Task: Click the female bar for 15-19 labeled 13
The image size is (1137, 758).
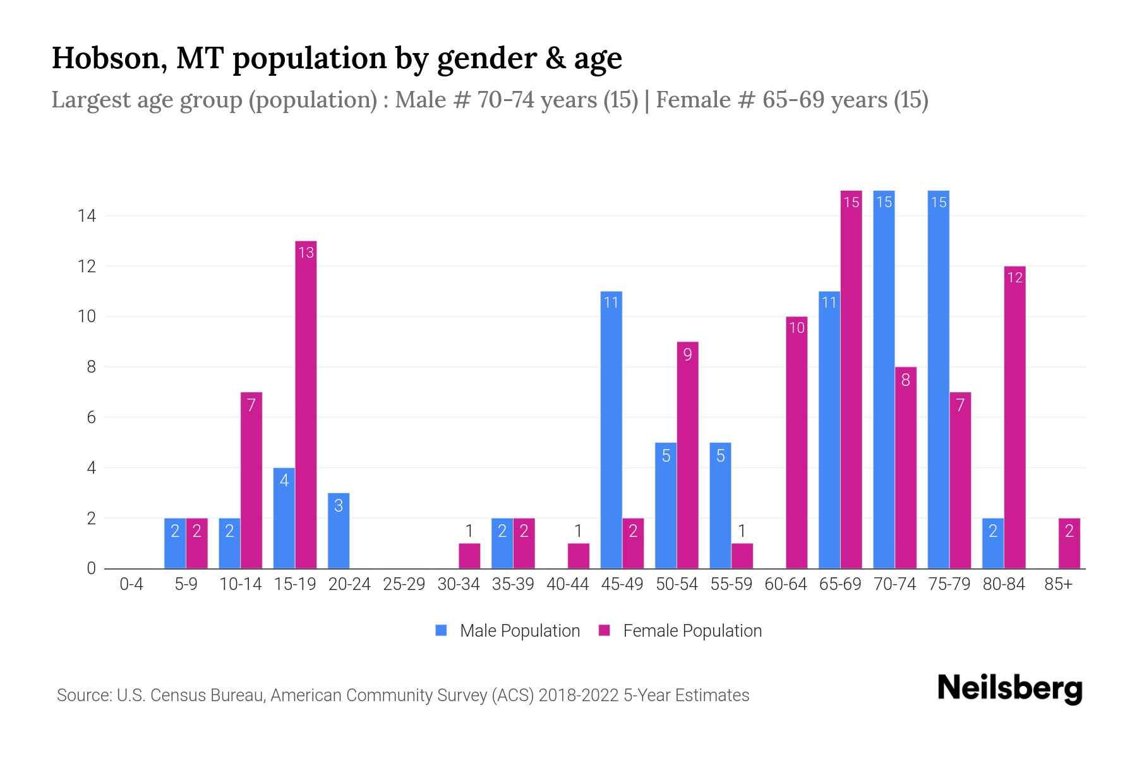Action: pyautogui.click(x=306, y=404)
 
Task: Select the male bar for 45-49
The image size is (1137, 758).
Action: pyautogui.click(x=611, y=430)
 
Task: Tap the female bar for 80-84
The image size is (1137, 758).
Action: pyautogui.click(x=1014, y=417)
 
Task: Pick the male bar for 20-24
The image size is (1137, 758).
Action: pyautogui.click(x=339, y=531)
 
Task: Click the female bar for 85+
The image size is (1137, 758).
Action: pyautogui.click(x=1069, y=543)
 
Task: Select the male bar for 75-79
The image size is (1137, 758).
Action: pyautogui.click(x=939, y=379)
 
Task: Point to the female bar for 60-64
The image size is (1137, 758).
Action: pyautogui.click(x=797, y=442)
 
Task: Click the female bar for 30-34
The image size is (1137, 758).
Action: pyautogui.click(x=469, y=556)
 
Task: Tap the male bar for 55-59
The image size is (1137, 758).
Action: pyautogui.click(x=720, y=505)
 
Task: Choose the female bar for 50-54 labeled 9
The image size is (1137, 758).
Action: pyautogui.click(x=687, y=455)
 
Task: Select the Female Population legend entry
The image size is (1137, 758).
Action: pyautogui.click(x=680, y=630)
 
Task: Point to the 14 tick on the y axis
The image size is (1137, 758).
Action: pyautogui.click(x=87, y=216)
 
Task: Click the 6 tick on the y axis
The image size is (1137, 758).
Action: pyautogui.click(x=91, y=418)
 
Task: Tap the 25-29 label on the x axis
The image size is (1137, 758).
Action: pyautogui.click(x=404, y=584)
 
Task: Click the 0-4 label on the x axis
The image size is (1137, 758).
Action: pyautogui.click(x=131, y=584)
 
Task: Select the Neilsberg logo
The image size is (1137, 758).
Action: pyautogui.click(x=1009, y=689)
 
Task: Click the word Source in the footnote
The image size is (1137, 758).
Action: pyautogui.click(x=83, y=695)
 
